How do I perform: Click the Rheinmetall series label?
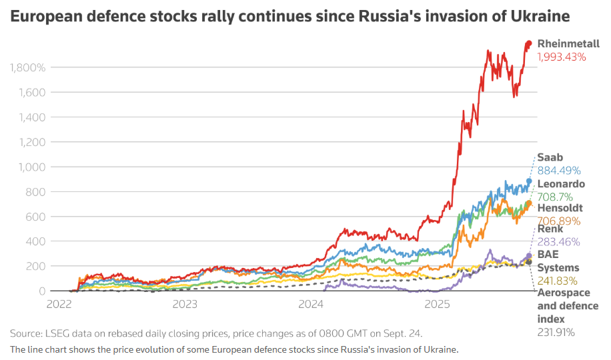coord(568,43)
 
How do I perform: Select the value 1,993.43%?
coord(562,57)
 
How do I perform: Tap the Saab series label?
coord(550,157)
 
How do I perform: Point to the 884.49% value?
coord(559,170)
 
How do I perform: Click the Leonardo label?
coord(561,183)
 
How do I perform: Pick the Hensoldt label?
coord(560,208)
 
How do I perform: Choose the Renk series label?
coord(550,229)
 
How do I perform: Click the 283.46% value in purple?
coord(558,242)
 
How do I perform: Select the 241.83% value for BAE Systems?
coord(558,281)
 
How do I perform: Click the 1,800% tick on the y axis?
coord(27,67)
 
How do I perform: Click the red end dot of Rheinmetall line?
coord(528,44)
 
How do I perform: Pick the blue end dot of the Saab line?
coord(529,181)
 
